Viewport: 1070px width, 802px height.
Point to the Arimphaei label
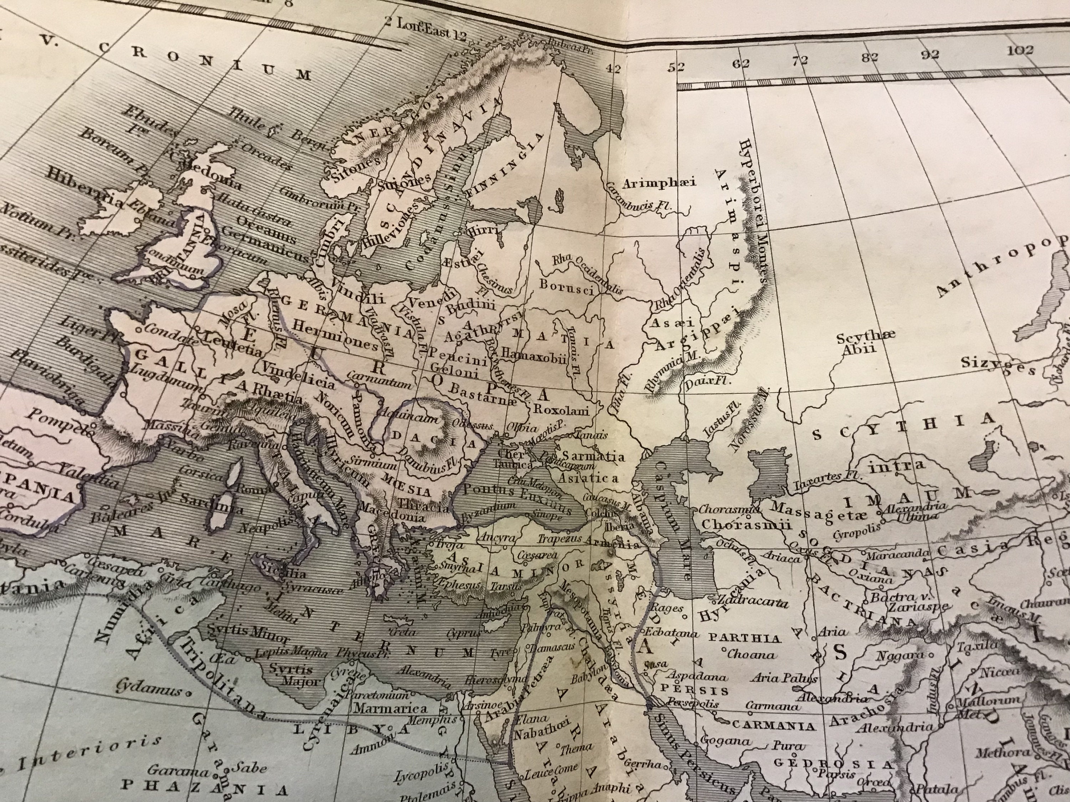click(x=658, y=184)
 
